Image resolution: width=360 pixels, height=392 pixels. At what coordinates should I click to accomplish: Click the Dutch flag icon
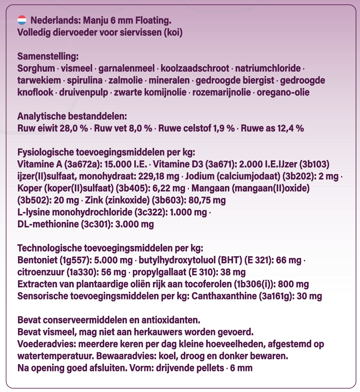[22, 20]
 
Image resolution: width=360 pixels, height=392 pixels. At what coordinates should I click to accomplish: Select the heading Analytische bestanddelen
[72, 116]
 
